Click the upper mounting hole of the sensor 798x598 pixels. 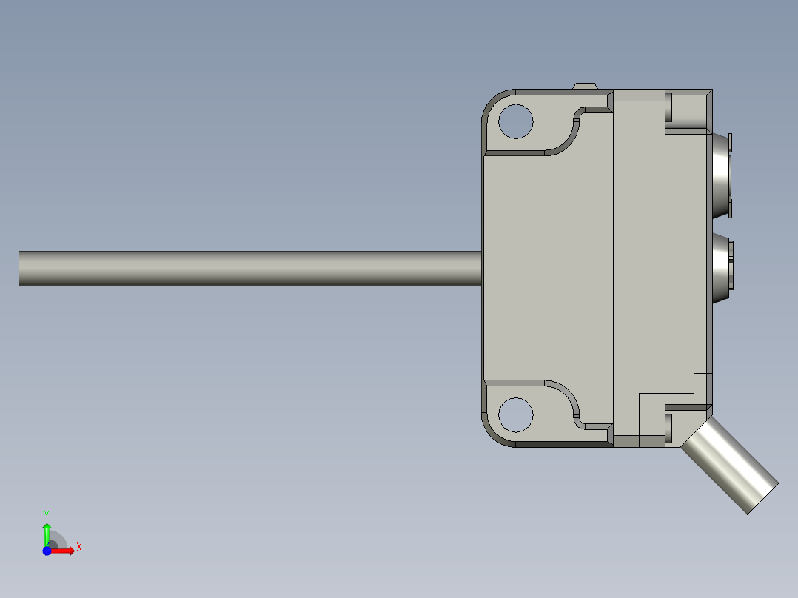(x=516, y=121)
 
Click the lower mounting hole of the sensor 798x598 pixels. (x=516, y=414)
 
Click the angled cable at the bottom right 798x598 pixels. (x=729, y=464)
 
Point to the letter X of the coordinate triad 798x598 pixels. (x=78, y=548)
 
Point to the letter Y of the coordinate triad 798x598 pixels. (x=47, y=514)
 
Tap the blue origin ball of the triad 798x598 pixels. (x=47, y=551)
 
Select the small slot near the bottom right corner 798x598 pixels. (x=669, y=426)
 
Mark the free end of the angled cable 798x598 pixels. (x=763, y=498)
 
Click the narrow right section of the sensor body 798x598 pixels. (x=659, y=266)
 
